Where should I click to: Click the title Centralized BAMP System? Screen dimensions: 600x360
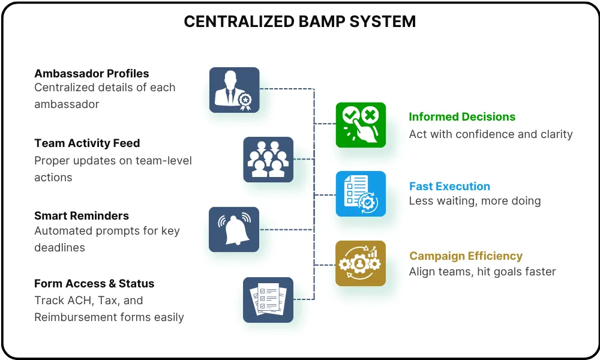[x=299, y=22]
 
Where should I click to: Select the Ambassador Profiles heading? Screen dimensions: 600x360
[x=91, y=73]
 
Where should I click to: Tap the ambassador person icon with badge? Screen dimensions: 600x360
[x=234, y=90]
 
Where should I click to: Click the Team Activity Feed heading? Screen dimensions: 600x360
[x=87, y=143]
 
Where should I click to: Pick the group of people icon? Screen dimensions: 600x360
[x=268, y=160]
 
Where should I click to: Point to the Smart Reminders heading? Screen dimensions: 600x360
[x=82, y=216]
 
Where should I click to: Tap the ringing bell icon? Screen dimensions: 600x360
[x=234, y=230]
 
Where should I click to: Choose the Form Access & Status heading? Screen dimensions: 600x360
[x=94, y=283]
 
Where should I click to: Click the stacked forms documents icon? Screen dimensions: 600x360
[x=268, y=300]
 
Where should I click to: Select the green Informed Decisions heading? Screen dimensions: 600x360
[x=462, y=116]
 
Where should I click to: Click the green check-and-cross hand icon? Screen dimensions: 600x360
[x=361, y=125]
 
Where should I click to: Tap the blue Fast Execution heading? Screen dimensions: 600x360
[x=449, y=187]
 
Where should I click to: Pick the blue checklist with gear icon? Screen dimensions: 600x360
[x=361, y=194]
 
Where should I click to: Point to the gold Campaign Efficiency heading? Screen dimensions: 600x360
[x=466, y=256]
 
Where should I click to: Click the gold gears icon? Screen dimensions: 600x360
[x=361, y=263]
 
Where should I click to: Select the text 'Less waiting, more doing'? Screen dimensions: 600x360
[x=475, y=201]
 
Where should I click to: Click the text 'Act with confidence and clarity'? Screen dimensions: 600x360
[x=491, y=134]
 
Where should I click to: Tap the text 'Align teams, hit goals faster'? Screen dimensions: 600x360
[x=482, y=272]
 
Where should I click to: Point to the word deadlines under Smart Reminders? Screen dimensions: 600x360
[x=59, y=248]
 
